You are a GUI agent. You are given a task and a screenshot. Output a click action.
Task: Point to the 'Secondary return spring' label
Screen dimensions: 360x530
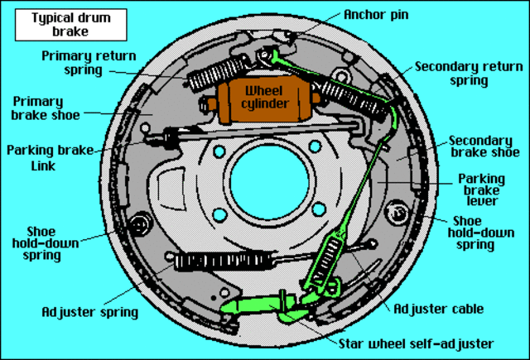click(x=463, y=74)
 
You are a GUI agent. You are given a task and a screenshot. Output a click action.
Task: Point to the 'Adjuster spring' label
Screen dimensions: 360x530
click(x=89, y=313)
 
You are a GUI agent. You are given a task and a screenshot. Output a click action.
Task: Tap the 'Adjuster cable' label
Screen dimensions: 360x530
click(x=438, y=310)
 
